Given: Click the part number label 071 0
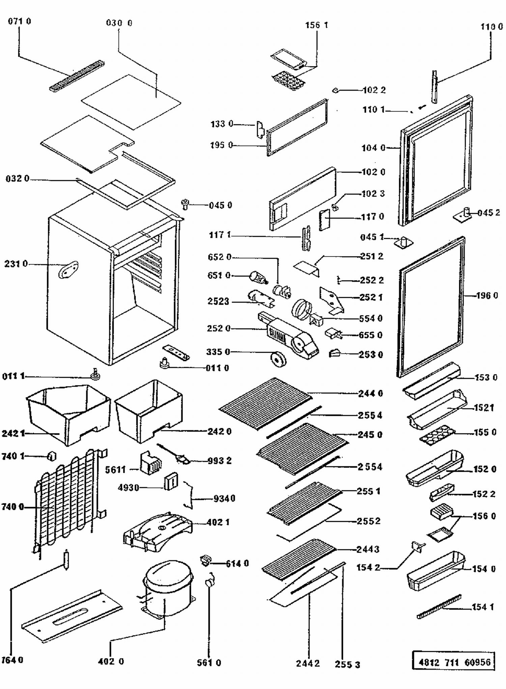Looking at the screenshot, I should click(19, 21).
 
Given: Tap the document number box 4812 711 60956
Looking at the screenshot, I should click(454, 662).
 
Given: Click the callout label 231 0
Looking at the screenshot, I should click(16, 264).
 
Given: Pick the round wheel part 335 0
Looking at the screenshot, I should click(279, 359).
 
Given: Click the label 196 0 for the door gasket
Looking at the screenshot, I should click(487, 296).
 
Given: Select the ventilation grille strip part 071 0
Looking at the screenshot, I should click(77, 76).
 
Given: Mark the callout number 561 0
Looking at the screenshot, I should click(209, 663).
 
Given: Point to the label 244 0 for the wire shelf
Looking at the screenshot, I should click(370, 394).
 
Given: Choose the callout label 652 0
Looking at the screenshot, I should click(219, 257).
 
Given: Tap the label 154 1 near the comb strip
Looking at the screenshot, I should click(483, 607).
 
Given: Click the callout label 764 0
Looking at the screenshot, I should click(12, 660).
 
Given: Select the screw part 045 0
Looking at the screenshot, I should click(185, 204).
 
